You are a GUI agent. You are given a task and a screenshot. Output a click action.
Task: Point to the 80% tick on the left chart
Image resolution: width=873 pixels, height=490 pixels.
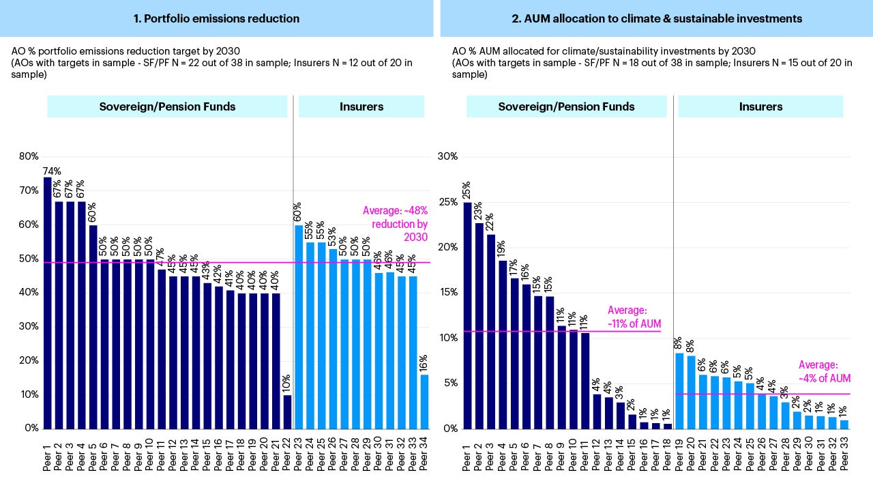(29, 156)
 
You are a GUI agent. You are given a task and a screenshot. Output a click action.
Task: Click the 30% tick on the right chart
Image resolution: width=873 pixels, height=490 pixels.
(447, 156)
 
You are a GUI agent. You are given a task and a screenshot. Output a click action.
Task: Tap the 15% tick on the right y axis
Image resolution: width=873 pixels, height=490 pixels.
(447, 292)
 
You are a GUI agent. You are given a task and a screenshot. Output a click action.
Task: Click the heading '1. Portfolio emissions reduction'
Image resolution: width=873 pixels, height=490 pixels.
(216, 18)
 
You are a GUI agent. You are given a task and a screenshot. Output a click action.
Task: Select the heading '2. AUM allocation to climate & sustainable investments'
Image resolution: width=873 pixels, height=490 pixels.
(657, 18)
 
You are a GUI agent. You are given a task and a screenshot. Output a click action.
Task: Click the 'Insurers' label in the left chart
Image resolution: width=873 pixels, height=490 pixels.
(361, 106)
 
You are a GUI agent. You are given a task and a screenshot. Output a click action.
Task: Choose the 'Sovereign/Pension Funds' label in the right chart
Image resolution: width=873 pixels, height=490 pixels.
(566, 106)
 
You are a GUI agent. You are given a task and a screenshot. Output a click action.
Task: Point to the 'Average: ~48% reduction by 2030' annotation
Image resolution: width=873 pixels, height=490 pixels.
(395, 224)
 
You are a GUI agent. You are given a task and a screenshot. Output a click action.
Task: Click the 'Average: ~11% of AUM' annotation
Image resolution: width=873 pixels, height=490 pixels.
(634, 317)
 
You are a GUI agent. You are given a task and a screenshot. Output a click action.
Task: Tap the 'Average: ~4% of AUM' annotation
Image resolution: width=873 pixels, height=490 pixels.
(825, 372)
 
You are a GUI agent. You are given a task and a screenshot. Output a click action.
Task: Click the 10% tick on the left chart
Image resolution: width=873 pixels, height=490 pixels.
(29, 394)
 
